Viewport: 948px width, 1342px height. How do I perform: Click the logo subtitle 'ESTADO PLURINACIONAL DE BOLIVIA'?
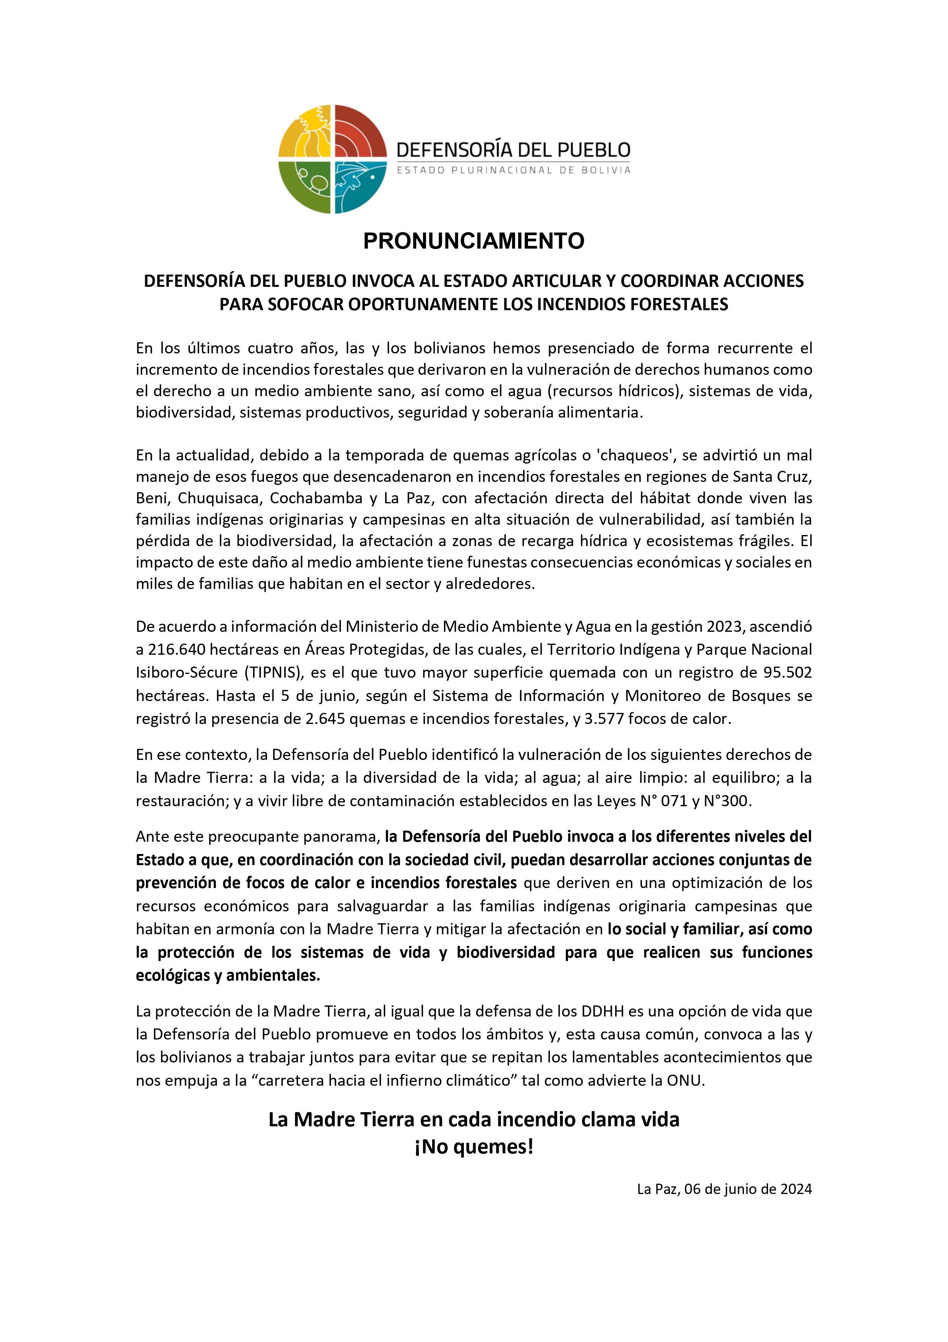point(514,170)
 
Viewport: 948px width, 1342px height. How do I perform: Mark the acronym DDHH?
point(603,1011)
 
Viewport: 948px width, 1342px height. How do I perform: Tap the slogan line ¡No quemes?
point(474,1147)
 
